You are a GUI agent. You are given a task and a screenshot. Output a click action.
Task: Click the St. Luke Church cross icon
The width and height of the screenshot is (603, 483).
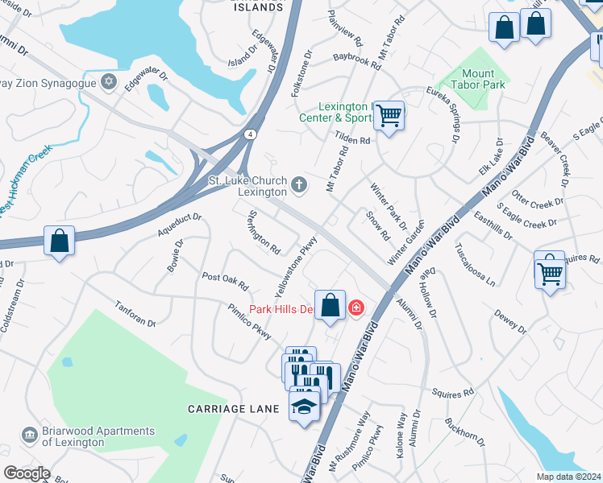(x=299, y=186)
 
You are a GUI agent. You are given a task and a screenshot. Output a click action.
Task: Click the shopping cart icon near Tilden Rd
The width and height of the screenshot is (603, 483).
(x=389, y=117)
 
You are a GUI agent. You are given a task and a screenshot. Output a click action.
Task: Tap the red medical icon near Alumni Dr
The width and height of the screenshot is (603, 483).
(x=355, y=308)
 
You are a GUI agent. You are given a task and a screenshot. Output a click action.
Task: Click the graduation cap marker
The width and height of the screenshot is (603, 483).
(x=304, y=407)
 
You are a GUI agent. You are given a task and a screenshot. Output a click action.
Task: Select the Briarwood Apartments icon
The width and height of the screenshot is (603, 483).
(x=30, y=436)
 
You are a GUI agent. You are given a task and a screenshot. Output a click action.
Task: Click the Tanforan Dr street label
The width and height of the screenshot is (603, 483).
(x=135, y=315)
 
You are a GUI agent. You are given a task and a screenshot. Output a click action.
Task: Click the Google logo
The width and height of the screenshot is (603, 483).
(x=27, y=473)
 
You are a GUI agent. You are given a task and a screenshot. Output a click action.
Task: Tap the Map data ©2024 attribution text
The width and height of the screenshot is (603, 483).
(x=568, y=477)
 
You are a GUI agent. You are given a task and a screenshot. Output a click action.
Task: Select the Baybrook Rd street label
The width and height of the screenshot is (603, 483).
(x=356, y=61)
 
